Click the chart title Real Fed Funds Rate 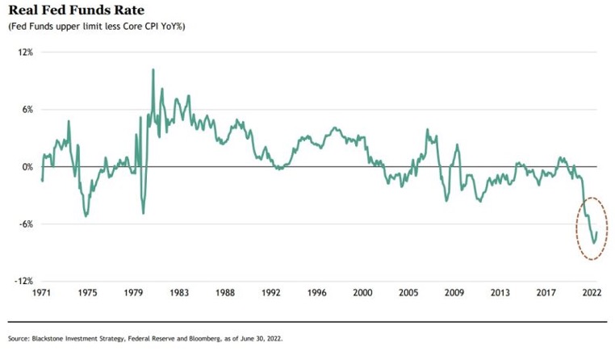(72, 11)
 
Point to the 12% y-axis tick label (25, 52)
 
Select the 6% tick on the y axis (27, 110)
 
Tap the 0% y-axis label (27, 167)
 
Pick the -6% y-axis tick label (25, 224)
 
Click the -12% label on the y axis (23, 282)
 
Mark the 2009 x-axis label (454, 295)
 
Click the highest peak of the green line (153, 70)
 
